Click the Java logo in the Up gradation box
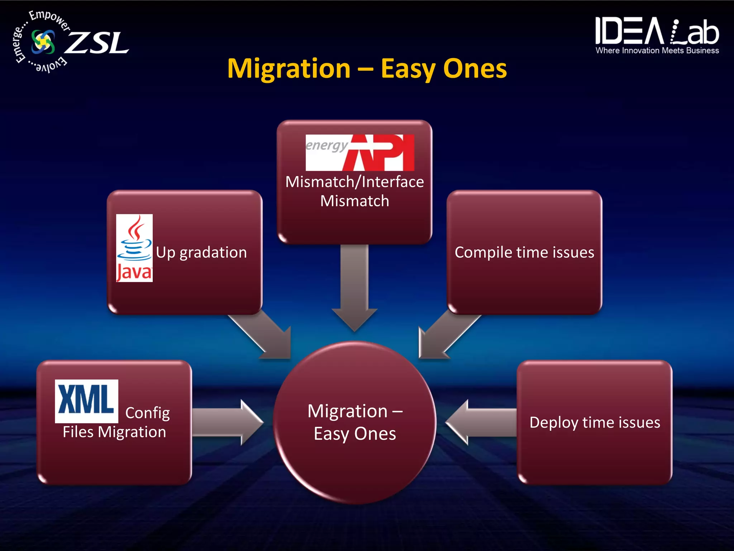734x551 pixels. point(134,248)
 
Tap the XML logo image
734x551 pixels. point(86,401)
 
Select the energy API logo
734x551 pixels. point(359,152)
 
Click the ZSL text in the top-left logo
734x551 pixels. point(98,43)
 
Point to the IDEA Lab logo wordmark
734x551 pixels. point(657,32)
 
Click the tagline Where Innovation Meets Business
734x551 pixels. point(657,51)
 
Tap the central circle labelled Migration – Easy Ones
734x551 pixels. point(355,422)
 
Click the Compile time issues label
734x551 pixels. point(524,252)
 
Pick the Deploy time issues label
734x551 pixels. point(595,422)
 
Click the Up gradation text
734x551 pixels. point(201,252)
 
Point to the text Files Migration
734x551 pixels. point(114,432)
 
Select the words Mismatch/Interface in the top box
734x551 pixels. point(354,182)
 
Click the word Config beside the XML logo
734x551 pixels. point(147,413)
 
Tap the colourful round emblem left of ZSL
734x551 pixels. point(43,42)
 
